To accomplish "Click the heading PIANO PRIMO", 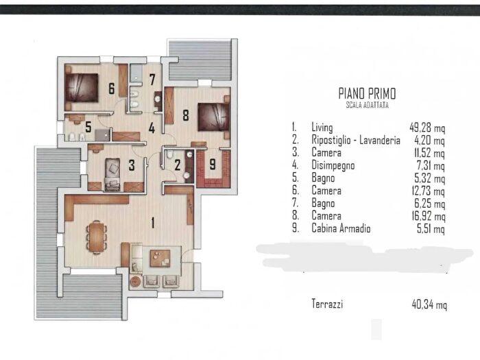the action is click(367, 93).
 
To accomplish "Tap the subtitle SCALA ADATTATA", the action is click(367, 105).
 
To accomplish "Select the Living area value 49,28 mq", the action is click(427, 128).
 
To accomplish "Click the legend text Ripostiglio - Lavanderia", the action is click(356, 140).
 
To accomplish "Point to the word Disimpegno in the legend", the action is click(333, 165).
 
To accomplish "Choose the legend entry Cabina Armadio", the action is click(341, 228).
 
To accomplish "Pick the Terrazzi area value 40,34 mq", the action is click(429, 304).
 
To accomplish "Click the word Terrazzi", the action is click(327, 304).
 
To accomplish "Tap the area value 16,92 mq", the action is click(429, 216).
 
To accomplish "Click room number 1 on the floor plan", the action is click(153, 223).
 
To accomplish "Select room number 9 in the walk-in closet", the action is click(213, 164).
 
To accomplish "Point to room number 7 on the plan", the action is click(152, 80).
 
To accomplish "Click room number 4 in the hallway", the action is click(152, 128).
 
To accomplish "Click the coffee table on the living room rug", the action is click(160, 259).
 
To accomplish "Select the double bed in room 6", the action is click(82, 88).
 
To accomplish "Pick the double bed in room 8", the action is click(214, 117).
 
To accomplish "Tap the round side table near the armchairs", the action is click(136, 281).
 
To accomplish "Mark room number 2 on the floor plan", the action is click(178, 166).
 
